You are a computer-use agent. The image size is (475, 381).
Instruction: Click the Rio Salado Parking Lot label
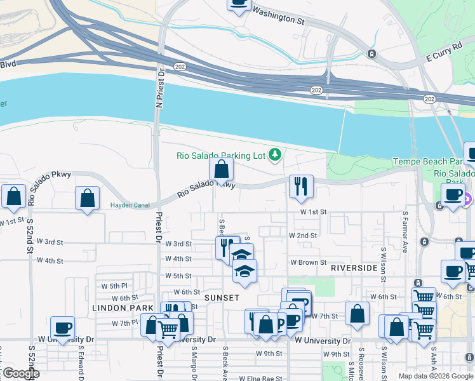point(220,155)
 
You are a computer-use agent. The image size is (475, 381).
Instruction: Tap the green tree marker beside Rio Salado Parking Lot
point(275,154)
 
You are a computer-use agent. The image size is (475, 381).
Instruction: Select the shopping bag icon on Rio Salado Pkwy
point(221,170)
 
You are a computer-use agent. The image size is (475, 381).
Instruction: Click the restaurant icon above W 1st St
point(300,185)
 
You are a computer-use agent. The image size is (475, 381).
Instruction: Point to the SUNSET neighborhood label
point(222,298)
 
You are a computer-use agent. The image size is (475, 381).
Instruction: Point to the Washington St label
point(279,15)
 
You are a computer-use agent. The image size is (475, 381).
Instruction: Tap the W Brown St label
point(308,262)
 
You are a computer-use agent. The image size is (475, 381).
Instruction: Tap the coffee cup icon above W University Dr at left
point(62,328)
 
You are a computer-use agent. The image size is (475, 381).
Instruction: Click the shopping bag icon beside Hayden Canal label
point(88,198)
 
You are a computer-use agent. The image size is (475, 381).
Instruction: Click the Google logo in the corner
point(20,373)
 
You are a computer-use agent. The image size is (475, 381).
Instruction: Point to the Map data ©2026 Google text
point(436,376)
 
